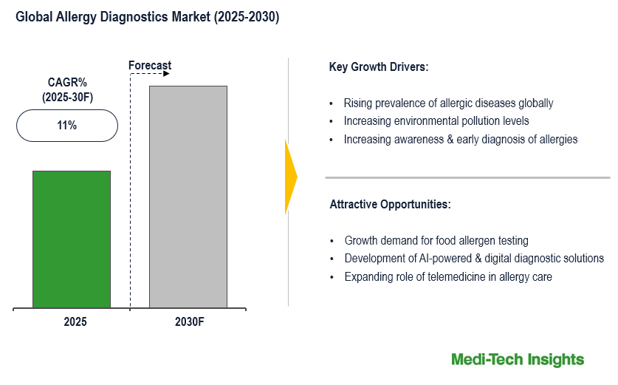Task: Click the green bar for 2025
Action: (x=72, y=239)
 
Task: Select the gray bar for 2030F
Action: (x=188, y=196)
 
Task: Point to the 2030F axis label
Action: (x=188, y=322)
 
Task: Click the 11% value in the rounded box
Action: (x=67, y=126)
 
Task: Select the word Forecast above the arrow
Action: (x=150, y=65)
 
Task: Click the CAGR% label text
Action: (x=67, y=82)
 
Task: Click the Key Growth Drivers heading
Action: (x=379, y=67)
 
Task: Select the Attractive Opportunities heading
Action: (x=390, y=204)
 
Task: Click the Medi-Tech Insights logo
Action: (x=518, y=360)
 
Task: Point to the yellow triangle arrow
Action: (x=290, y=177)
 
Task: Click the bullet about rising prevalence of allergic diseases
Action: (x=448, y=103)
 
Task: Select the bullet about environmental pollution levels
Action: (x=436, y=121)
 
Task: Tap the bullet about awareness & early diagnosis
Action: (x=461, y=139)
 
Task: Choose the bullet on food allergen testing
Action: (x=436, y=241)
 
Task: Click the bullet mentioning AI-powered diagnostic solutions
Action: (x=474, y=259)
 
